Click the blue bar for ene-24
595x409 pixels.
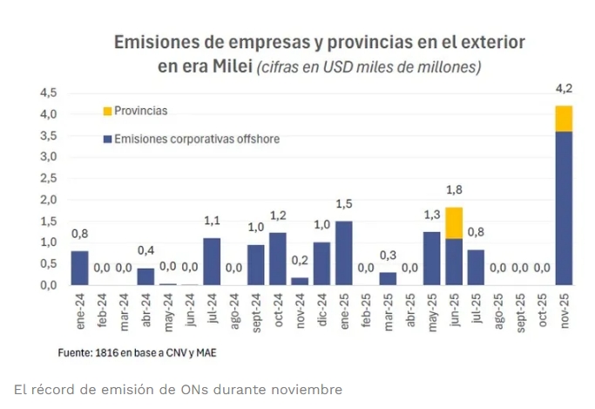click(80, 268)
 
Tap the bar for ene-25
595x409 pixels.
click(344, 253)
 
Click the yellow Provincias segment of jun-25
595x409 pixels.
click(453, 223)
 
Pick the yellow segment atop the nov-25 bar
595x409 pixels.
click(564, 119)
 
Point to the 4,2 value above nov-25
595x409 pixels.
click(564, 88)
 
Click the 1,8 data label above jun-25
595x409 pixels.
click(454, 189)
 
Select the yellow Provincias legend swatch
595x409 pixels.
click(107, 112)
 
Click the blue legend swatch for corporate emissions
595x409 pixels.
click(107, 139)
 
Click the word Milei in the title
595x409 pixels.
click(228, 66)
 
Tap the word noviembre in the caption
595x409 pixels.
click(312, 389)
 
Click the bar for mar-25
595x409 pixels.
click(388, 278)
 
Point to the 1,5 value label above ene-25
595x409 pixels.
click(344, 203)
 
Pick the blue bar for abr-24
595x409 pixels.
click(145, 276)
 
